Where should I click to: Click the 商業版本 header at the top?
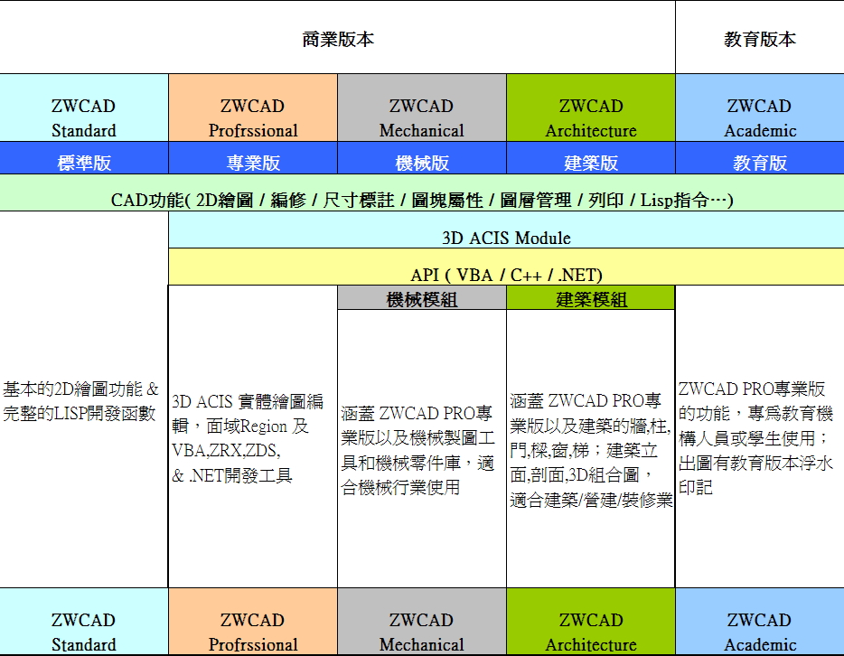pyautogui.click(x=337, y=39)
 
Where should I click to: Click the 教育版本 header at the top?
pyautogui.click(x=759, y=39)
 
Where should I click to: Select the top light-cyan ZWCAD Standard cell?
pyautogui.click(x=84, y=117)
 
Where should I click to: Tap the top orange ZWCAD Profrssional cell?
pyautogui.click(x=253, y=117)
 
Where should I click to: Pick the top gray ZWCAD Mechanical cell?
pyautogui.click(x=422, y=117)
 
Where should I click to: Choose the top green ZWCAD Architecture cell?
pyautogui.click(x=591, y=117)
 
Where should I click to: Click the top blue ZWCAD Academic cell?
pyautogui.click(x=759, y=117)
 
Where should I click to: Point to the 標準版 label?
pyautogui.click(x=84, y=164)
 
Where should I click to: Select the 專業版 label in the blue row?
pyautogui.click(x=253, y=164)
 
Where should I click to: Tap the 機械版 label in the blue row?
pyautogui.click(x=422, y=164)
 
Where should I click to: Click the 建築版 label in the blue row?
pyautogui.click(x=591, y=164)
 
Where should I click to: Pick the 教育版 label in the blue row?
pyautogui.click(x=759, y=164)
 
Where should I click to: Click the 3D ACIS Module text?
pyautogui.click(x=506, y=239)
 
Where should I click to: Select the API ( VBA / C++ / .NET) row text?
pyautogui.click(x=506, y=275)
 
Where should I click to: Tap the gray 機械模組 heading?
pyautogui.click(x=422, y=299)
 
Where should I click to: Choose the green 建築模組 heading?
pyautogui.click(x=591, y=299)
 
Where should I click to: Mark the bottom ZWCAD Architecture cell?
pyautogui.click(x=591, y=632)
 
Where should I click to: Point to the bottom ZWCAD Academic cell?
pyautogui.click(x=759, y=632)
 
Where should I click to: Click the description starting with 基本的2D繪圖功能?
pyautogui.click(x=81, y=401)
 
